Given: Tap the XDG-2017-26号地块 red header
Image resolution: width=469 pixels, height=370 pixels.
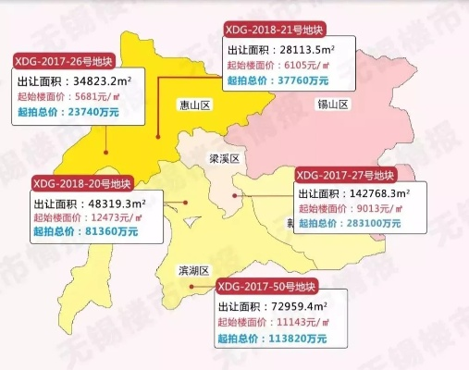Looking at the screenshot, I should coord(65,61).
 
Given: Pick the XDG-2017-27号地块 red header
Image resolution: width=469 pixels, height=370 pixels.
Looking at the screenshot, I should coord(348,174).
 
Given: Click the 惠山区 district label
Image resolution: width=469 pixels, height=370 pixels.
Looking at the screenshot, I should coord(196,106).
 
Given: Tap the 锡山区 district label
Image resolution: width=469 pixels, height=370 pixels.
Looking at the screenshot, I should coord(332,105).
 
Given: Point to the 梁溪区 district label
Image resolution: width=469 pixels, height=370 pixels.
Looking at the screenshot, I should coord(222,159).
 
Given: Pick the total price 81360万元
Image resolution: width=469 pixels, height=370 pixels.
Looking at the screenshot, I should coord(113,231).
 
